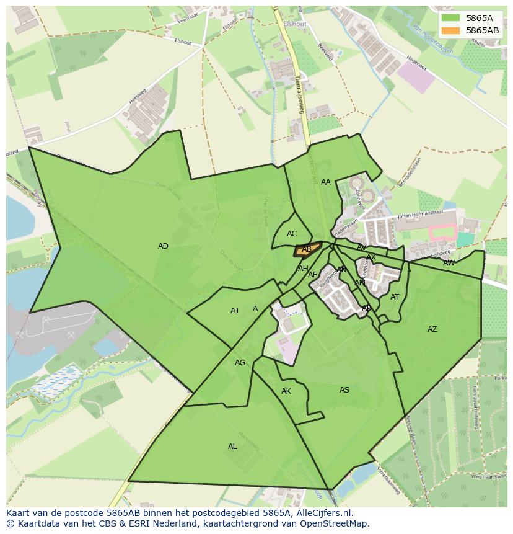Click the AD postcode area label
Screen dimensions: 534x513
[x=163, y=246]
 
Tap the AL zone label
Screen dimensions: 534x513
[x=232, y=447]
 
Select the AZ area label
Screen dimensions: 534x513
[x=432, y=329]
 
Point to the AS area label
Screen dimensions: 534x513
[x=344, y=390]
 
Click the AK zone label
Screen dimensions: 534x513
[x=286, y=391]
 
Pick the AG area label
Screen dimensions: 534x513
[x=240, y=363]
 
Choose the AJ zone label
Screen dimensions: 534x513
[x=234, y=311]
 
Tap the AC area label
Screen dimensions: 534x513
[x=292, y=234]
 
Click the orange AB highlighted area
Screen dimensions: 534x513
[x=307, y=250]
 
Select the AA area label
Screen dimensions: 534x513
[x=326, y=182]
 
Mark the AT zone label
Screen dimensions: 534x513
[x=395, y=297]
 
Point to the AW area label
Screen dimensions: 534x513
[x=449, y=263]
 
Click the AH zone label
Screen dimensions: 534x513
[x=303, y=269]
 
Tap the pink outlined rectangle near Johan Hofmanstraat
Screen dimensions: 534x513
[x=442, y=233]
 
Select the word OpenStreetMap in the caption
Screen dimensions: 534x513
[x=338, y=523]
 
